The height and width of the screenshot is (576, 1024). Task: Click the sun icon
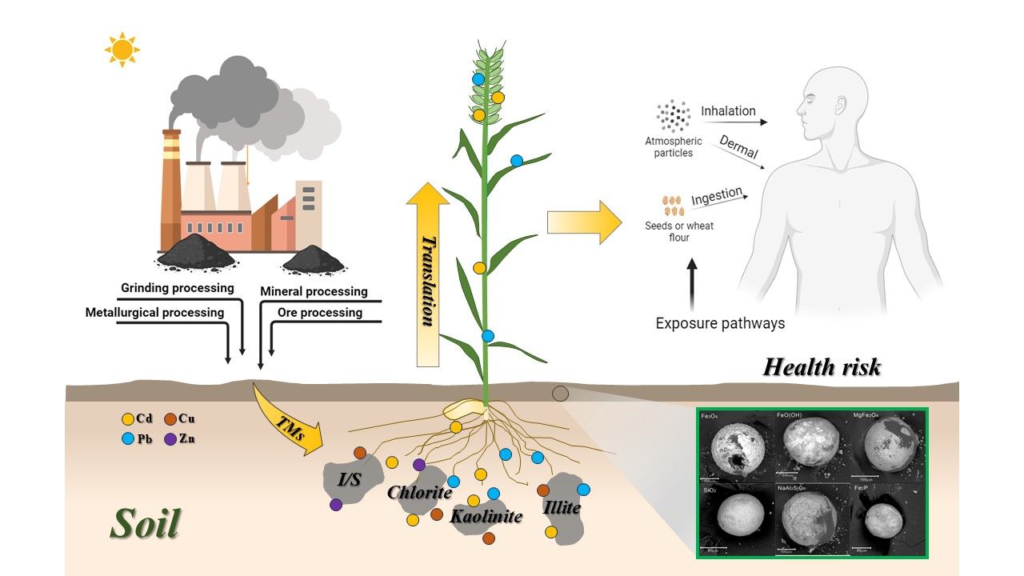tap(122, 50)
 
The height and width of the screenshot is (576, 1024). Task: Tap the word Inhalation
tap(728, 111)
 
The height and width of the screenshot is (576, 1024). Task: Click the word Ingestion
tap(716, 196)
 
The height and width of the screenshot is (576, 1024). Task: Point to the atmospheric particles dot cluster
tap(673, 117)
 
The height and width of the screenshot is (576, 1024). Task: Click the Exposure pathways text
tap(720, 324)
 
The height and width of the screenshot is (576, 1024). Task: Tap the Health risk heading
tap(822, 367)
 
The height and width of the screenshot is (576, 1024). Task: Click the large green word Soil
tap(145, 523)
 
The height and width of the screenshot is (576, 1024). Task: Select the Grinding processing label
tap(177, 288)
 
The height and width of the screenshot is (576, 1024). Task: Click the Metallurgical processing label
tap(154, 312)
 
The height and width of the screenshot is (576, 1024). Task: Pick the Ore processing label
tap(319, 312)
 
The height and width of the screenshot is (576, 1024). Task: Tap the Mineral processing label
tap(314, 291)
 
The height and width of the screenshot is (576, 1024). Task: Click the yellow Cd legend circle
tap(127, 418)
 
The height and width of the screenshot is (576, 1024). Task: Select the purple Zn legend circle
tap(170, 438)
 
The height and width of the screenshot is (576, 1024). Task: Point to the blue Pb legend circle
tap(127, 438)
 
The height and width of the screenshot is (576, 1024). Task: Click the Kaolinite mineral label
tap(486, 517)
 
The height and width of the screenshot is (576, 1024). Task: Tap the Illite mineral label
tap(561, 507)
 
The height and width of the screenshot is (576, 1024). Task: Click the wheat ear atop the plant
tap(487, 84)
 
